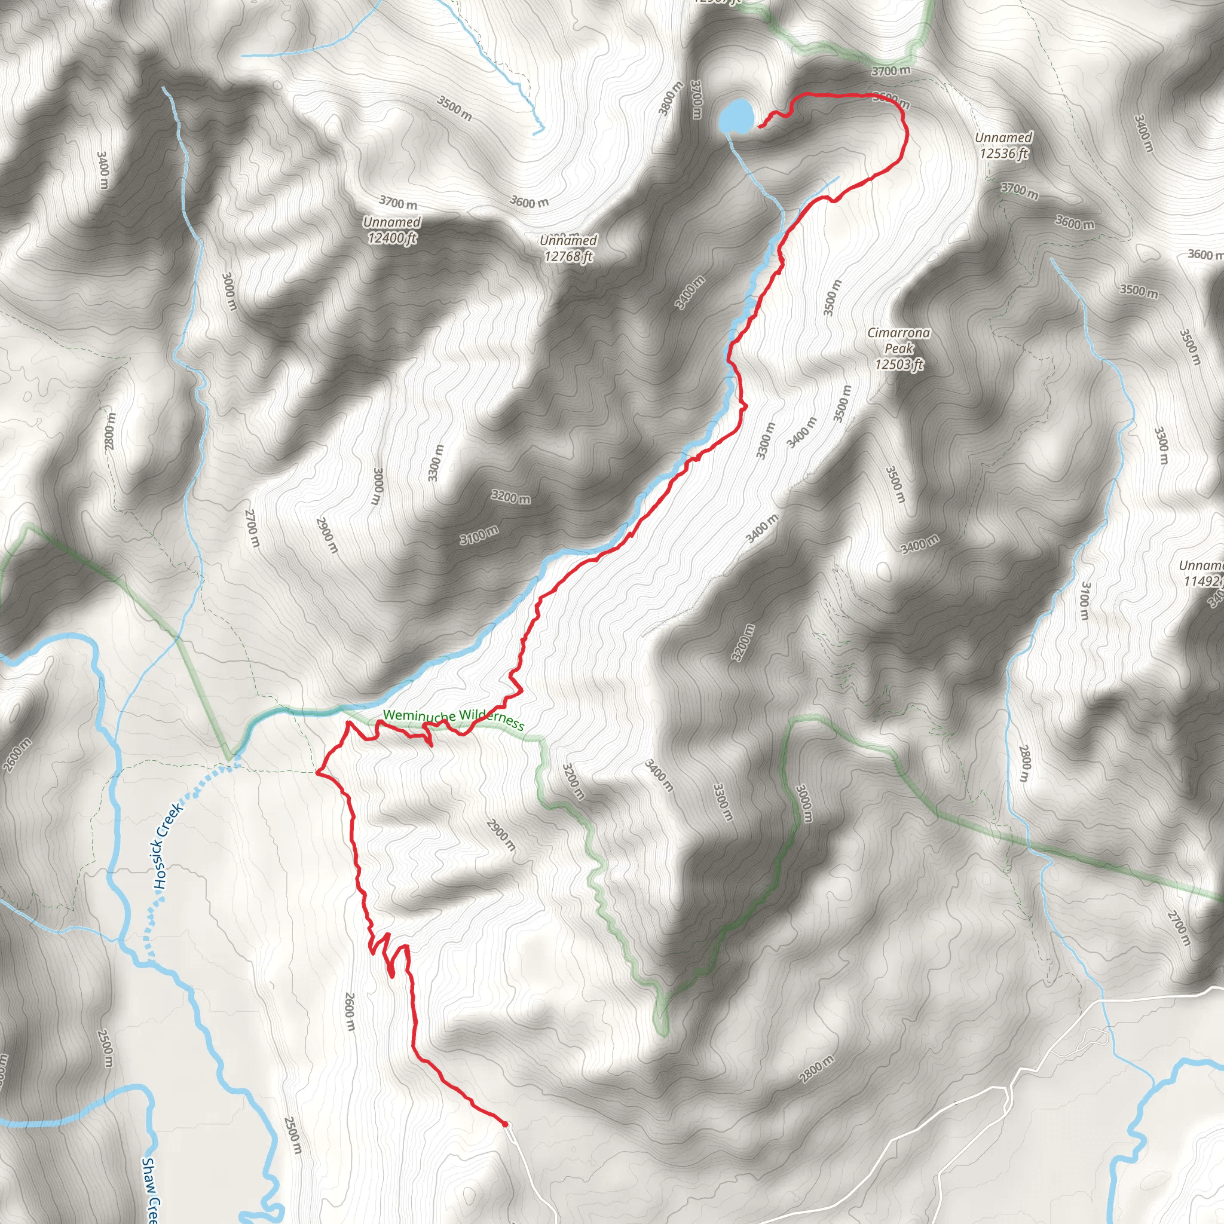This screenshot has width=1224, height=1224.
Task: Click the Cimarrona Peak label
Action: (x=898, y=348)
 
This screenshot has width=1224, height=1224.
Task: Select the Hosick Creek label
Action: (x=167, y=845)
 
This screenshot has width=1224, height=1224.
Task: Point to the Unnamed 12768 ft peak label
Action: (x=568, y=249)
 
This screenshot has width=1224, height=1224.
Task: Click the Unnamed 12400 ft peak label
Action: (x=391, y=230)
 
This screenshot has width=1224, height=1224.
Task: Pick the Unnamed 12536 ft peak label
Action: (x=1003, y=145)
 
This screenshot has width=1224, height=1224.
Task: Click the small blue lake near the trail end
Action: (x=736, y=116)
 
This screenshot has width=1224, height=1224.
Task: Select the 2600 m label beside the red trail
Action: (x=349, y=1011)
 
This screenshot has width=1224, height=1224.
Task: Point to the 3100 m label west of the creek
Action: (x=479, y=536)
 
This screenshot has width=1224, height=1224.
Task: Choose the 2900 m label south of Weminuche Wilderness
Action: (x=501, y=834)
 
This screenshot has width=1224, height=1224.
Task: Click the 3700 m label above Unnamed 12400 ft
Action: (x=398, y=203)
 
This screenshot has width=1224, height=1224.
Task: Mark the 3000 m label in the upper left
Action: (x=229, y=292)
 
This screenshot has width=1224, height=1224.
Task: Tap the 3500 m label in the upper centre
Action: (x=454, y=108)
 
